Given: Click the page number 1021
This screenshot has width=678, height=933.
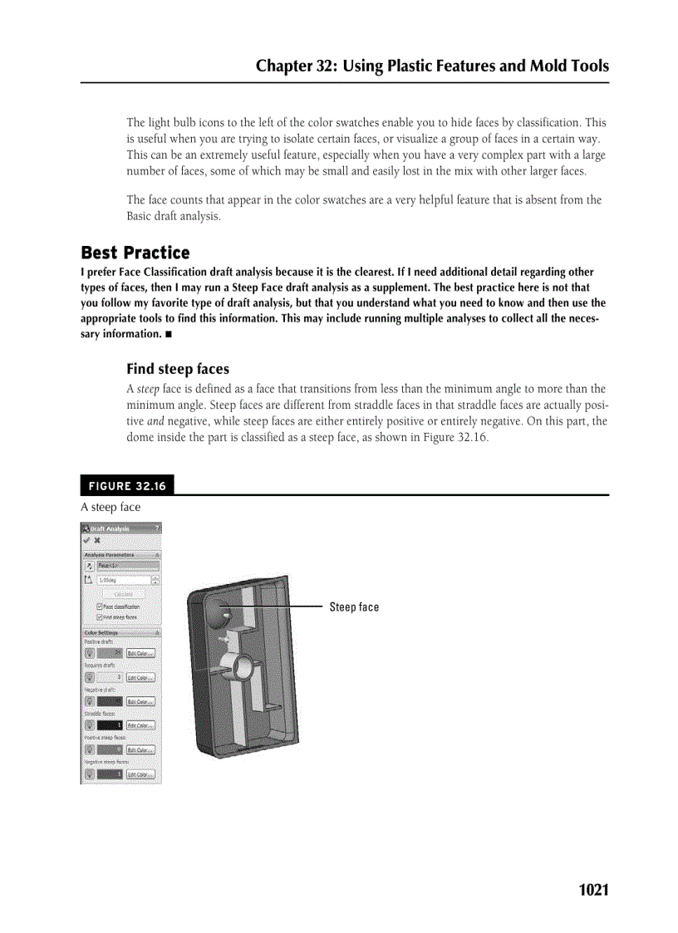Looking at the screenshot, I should coord(593,890).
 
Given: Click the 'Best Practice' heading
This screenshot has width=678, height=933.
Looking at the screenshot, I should coord(135,253).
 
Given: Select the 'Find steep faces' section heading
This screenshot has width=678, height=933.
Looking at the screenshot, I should coord(177,369).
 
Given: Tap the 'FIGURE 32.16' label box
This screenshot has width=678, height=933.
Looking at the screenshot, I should coord(127,486).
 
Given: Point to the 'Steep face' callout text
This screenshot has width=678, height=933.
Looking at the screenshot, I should coord(353,607).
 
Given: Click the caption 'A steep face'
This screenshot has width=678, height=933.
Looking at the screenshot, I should coord(111,507).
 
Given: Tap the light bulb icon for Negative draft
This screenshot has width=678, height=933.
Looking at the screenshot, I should coord(89,701).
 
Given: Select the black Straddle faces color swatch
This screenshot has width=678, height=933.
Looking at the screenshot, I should coord(110,725).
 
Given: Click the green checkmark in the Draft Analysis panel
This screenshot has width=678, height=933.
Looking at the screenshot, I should coord(86,540).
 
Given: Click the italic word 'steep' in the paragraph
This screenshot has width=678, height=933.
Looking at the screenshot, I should coord(147,389).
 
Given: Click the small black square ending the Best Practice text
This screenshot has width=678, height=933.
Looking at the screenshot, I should coord(169,334).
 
